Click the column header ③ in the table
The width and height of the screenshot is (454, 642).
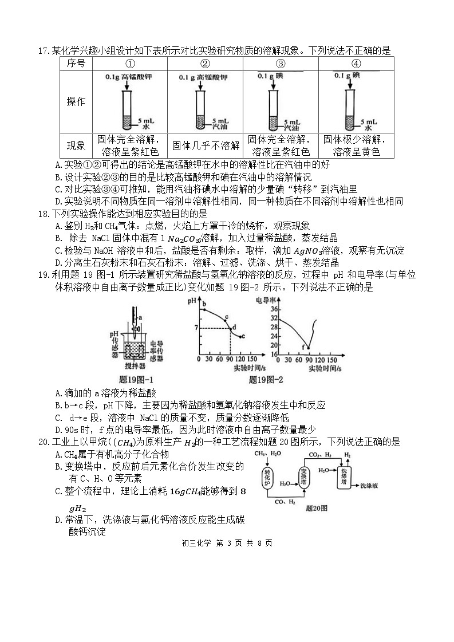click(x=281, y=64)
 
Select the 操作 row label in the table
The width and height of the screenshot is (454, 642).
click(x=76, y=101)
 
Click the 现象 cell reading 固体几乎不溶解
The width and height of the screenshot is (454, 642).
click(x=206, y=145)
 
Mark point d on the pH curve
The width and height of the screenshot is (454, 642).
click(x=231, y=328)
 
